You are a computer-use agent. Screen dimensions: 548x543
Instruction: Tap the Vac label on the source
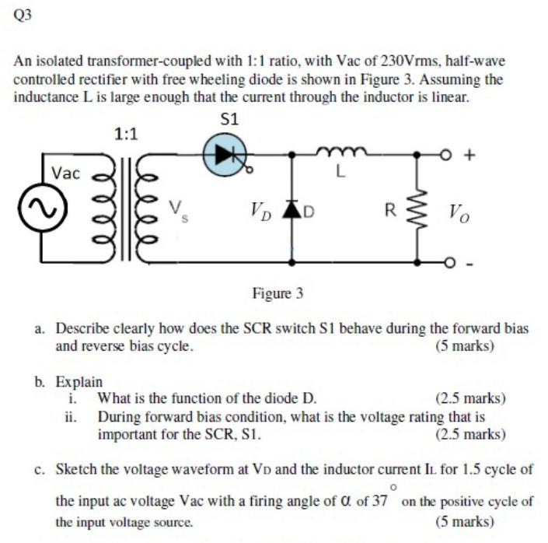click(65, 173)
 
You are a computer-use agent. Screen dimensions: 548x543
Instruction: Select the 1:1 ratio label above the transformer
click(126, 134)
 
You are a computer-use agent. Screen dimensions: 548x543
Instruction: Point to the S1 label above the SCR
click(229, 119)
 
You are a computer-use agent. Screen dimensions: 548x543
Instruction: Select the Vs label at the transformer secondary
click(178, 208)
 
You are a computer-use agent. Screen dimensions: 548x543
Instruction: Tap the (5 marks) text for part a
click(465, 346)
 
